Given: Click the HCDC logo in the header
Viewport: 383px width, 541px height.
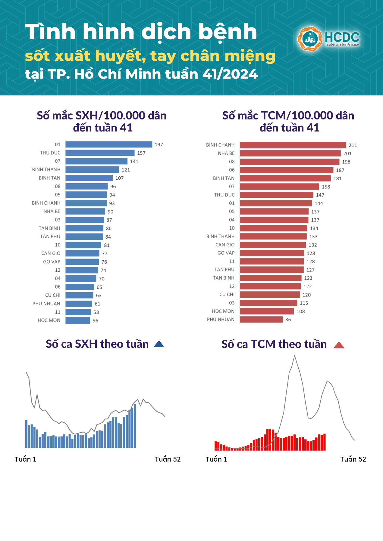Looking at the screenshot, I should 328,39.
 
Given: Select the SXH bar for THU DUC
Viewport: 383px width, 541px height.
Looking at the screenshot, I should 100,153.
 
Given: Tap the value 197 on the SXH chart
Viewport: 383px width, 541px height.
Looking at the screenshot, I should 159,145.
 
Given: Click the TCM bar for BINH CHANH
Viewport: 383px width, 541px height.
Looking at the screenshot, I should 293,145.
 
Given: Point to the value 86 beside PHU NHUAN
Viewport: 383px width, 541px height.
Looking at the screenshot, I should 288,320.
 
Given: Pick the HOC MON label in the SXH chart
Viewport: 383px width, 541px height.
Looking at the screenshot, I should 49,320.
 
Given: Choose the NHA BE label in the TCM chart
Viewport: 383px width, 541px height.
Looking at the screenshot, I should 226,153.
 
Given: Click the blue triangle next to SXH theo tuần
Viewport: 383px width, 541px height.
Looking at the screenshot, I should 159,344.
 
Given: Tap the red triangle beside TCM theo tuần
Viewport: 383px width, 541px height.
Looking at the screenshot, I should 339,345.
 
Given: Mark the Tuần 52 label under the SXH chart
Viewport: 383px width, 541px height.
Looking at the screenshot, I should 168,459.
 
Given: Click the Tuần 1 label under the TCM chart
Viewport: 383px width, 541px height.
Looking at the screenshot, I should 216,459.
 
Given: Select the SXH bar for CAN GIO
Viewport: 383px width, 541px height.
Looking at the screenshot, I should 82,253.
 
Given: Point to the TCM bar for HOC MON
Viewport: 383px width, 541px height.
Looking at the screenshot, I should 267,311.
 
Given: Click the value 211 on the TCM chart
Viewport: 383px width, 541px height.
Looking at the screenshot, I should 353,145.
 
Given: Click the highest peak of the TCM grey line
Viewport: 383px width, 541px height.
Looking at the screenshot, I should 294,356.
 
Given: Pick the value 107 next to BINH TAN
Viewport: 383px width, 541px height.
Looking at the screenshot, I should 119,178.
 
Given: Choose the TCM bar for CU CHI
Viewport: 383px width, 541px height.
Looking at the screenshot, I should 270,295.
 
